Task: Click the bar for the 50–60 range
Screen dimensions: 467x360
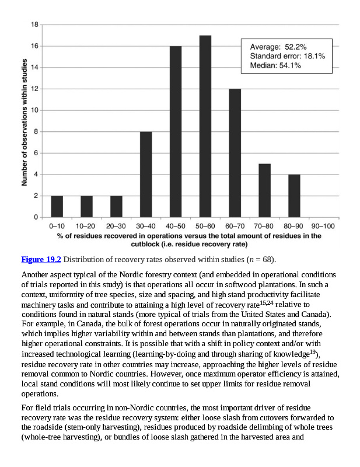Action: (x=205, y=126)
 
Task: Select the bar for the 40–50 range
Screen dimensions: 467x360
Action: (x=175, y=131)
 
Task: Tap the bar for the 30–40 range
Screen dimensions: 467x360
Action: (x=146, y=174)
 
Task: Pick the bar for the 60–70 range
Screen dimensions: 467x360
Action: (x=235, y=153)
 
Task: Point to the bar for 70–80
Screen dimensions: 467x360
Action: (x=264, y=190)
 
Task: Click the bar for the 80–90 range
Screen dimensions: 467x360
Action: (x=294, y=196)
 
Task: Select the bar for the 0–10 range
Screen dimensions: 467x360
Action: (x=57, y=206)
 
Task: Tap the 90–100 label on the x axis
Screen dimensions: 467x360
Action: (x=323, y=226)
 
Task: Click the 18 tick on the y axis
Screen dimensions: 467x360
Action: (x=35, y=25)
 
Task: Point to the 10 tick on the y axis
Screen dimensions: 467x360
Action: (x=35, y=110)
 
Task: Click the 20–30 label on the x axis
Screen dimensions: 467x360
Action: (x=116, y=226)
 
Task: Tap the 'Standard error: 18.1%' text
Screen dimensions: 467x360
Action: (x=287, y=56)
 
